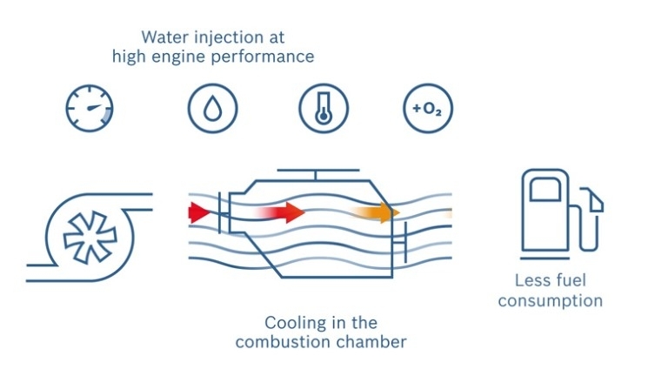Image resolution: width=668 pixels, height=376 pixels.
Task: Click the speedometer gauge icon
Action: (90, 109)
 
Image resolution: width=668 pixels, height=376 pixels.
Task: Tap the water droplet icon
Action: (212, 109)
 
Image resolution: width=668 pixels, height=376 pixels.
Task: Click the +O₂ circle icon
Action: (428, 109)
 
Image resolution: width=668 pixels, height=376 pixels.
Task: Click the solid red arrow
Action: (199, 211)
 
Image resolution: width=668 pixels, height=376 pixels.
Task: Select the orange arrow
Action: (378, 212)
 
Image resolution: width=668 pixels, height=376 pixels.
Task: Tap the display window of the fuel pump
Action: (544, 188)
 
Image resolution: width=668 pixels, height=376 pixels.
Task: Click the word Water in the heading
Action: (164, 37)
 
